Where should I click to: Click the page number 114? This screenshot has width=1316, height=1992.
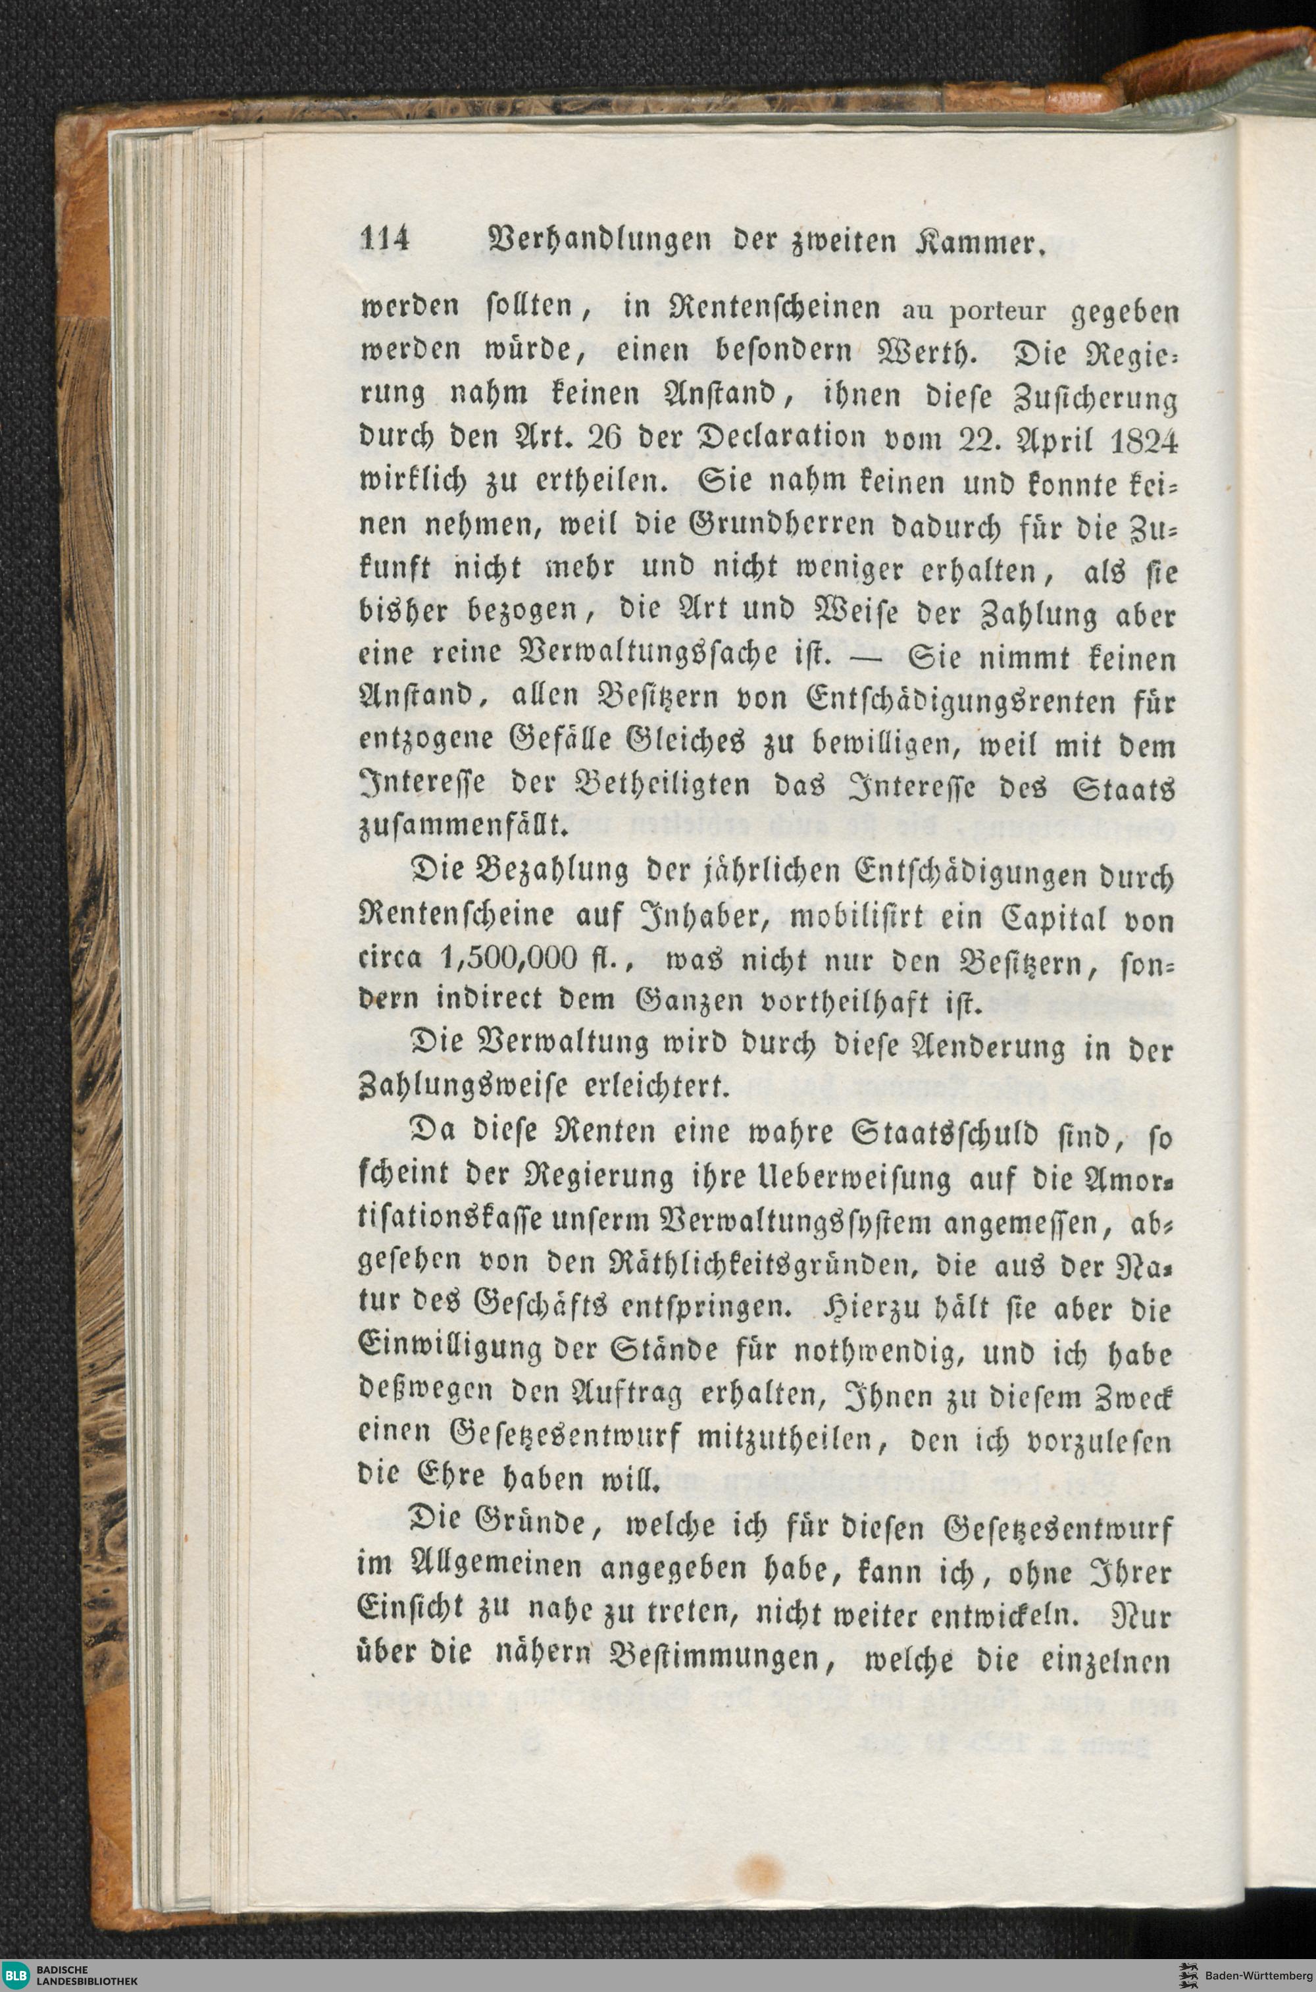click(384, 240)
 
